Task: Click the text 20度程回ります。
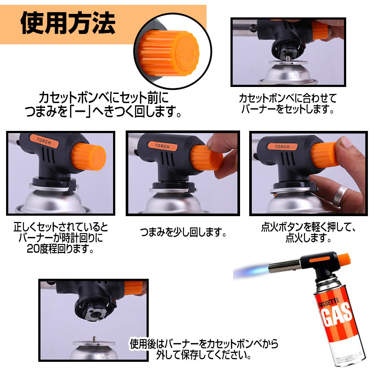[x=54, y=250]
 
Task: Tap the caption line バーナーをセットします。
[x=287, y=109]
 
